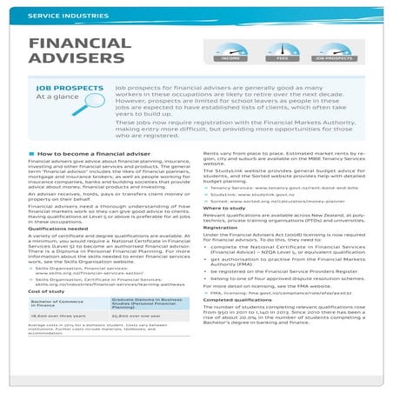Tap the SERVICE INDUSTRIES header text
[62, 17]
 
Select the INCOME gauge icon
[231, 51]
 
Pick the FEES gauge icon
[282, 51]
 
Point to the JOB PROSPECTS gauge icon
[332, 51]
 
